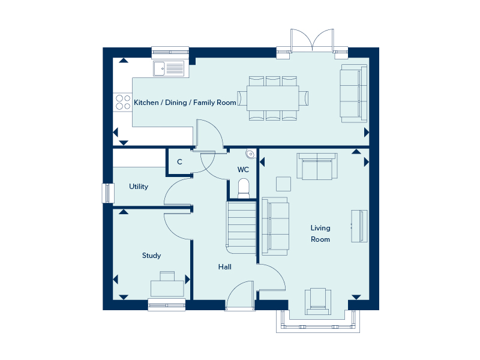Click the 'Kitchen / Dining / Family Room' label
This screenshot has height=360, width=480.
[x=185, y=103]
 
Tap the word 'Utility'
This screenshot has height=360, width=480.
[x=139, y=187]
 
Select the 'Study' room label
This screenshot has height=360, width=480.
[x=151, y=256]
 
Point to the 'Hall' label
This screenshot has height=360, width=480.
[x=225, y=267]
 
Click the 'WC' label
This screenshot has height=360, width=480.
[x=243, y=170]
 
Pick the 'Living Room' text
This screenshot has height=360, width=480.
[x=320, y=233]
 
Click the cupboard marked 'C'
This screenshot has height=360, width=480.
[x=179, y=162]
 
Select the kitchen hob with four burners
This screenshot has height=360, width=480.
[x=122, y=102]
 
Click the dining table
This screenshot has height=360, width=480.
[x=273, y=98]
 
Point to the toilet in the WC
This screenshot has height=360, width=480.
[x=243, y=187]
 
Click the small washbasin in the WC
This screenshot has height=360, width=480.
[x=250, y=153]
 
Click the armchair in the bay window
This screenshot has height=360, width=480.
[x=318, y=301]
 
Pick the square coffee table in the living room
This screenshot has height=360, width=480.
[x=283, y=184]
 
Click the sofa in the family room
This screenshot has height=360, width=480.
[x=353, y=94]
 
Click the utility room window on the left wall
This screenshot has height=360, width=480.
[x=108, y=193]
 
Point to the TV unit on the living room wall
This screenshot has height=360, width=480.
[x=359, y=226]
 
